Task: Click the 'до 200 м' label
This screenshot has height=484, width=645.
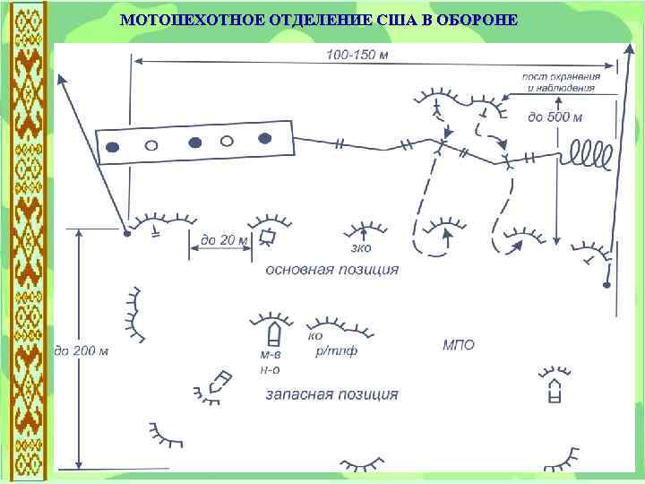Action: click(x=82, y=350)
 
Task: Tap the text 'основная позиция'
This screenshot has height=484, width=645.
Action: click(x=332, y=268)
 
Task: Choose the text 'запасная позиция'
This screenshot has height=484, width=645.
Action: click(x=332, y=393)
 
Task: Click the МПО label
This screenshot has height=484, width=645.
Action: click(x=459, y=344)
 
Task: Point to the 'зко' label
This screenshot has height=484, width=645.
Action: click(x=362, y=246)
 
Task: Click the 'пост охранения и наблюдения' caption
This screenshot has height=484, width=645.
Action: click(x=561, y=82)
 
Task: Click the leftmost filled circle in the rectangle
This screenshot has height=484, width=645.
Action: click(x=113, y=147)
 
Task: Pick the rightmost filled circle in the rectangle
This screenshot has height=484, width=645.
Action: click(x=264, y=137)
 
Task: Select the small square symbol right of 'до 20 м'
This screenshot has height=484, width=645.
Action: click(x=266, y=237)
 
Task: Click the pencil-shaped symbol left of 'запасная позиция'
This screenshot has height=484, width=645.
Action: click(x=218, y=383)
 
